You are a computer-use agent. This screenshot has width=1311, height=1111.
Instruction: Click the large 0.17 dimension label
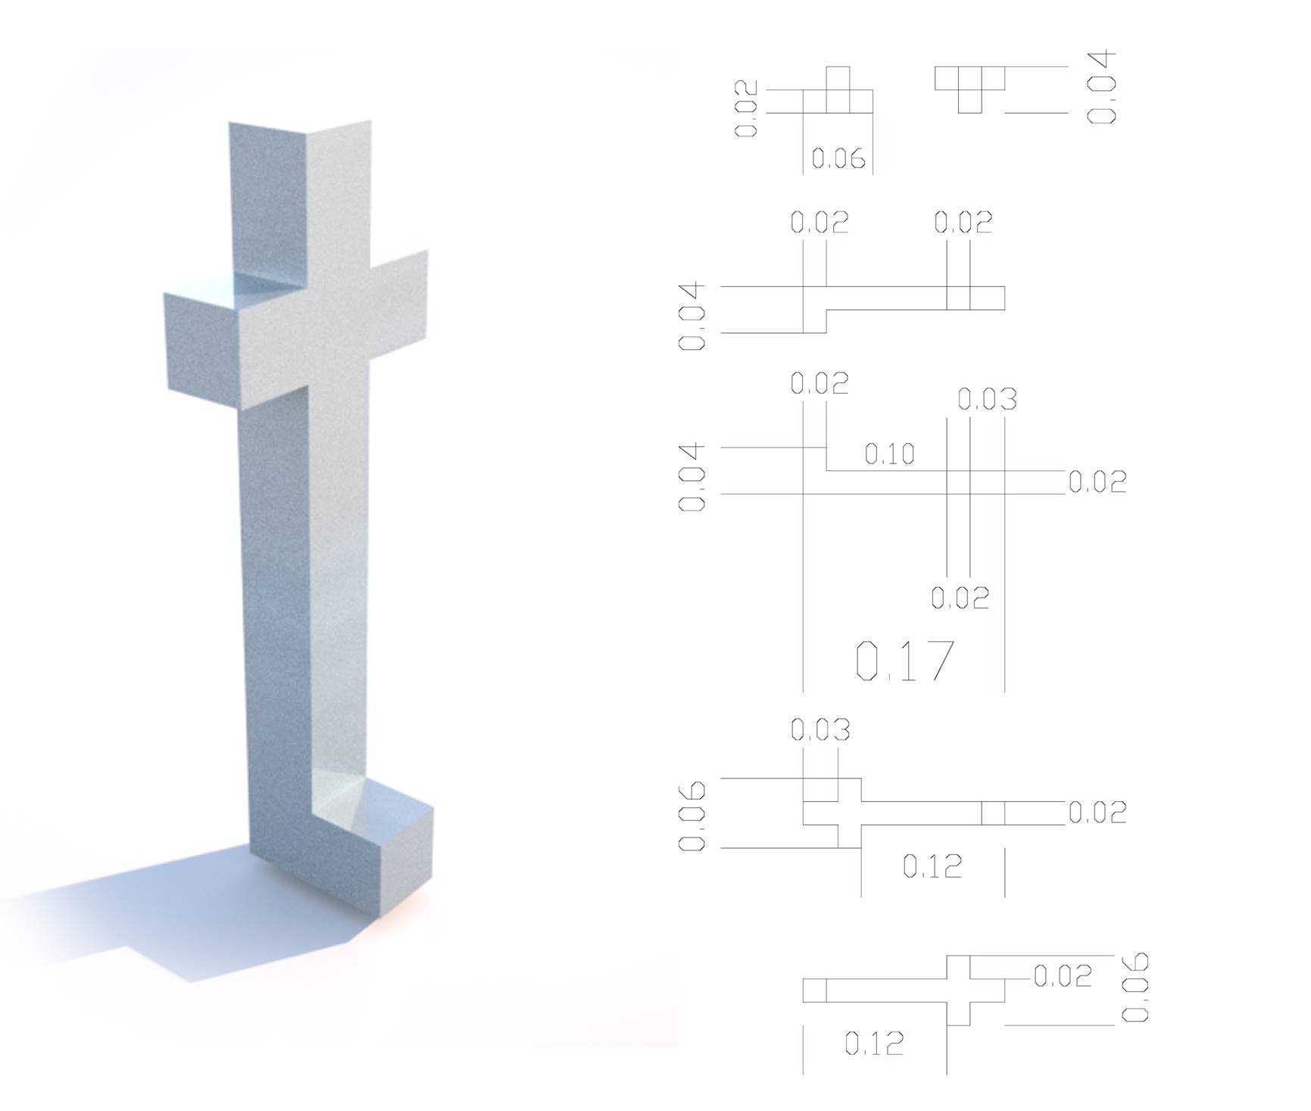[904, 660]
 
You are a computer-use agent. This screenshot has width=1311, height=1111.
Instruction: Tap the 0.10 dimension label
[890, 454]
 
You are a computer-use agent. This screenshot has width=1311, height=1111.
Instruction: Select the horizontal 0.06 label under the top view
[838, 158]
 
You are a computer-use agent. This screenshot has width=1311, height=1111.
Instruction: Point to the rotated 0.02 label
[747, 109]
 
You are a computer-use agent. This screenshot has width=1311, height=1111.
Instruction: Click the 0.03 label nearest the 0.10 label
[987, 399]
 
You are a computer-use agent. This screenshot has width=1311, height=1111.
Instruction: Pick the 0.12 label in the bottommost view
[874, 1044]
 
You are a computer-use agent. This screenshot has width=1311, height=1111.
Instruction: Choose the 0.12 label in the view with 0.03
[932, 866]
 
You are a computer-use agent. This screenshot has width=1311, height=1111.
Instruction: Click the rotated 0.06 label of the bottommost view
[1135, 988]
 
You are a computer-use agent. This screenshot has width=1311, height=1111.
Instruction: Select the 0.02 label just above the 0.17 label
[960, 598]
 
